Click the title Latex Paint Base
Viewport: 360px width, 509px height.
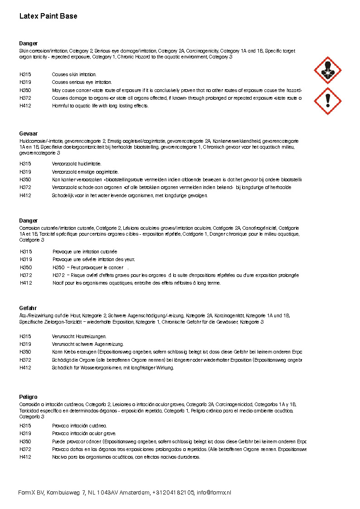click(x=48, y=16)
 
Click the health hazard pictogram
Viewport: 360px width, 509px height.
click(x=327, y=70)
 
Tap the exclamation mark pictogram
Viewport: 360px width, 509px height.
click(x=327, y=101)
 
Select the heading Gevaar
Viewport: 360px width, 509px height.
click(x=28, y=134)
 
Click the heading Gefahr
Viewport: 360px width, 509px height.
click(x=28, y=308)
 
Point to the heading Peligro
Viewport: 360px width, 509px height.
click(x=28, y=397)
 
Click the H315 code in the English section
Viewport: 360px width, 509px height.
click(x=25, y=74)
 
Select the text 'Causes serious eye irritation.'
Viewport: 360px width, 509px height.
click(x=82, y=82)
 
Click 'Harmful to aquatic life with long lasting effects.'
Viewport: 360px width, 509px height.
click(x=100, y=106)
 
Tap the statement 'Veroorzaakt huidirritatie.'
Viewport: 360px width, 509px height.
click(x=77, y=164)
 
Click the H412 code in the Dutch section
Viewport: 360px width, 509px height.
click(x=25, y=196)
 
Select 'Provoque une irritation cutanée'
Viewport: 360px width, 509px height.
click(x=85, y=252)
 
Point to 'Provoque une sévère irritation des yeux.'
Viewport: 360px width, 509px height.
click(x=93, y=259)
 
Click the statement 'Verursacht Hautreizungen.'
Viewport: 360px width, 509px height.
click(x=79, y=336)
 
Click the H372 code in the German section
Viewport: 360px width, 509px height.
click(x=25, y=360)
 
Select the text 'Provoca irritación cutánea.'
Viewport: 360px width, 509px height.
click(x=79, y=426)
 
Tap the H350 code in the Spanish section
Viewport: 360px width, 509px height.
click(x=25, y=441)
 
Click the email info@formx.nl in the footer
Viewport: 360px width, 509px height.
click(x=214, y=493)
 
